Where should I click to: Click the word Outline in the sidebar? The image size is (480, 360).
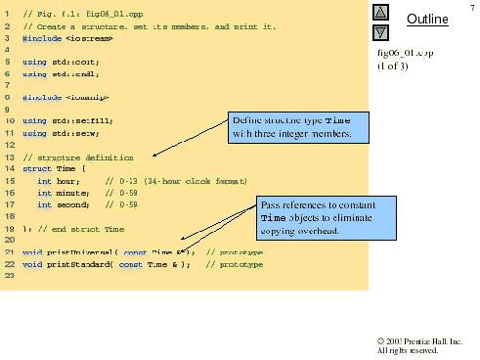pos(427,20)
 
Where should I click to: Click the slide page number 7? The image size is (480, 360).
pos(471,8)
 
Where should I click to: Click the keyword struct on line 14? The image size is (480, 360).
pos(35,168)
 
